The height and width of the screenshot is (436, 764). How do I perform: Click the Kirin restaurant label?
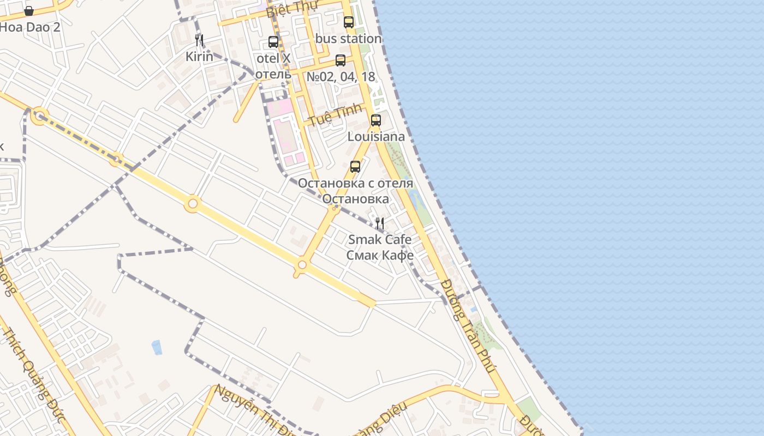click(199, 57)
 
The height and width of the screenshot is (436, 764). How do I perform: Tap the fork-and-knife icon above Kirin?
click(199, 40)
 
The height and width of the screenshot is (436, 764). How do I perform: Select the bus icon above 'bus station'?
click(349, 22)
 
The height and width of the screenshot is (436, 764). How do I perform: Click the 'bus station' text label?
click(348, 39)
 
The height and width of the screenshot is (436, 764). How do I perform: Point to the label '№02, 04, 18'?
click(341, 77)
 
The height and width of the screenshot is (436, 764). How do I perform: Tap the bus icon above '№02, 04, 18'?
click(341, 60)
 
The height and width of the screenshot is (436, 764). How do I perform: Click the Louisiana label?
click(376, 137)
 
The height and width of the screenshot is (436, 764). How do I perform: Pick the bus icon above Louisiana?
click(376, 120)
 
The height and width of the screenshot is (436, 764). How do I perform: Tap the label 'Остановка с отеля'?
click(355, 183)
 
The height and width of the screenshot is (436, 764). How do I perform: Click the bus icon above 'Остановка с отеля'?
click(355, 167)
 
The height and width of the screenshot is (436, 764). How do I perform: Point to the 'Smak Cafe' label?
click(380, 239)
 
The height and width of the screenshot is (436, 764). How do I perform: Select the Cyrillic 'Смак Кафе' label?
click(380, 255)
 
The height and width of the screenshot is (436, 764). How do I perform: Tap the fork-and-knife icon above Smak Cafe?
click(380, 223)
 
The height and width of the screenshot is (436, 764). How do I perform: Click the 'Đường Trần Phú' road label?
click(468, 326)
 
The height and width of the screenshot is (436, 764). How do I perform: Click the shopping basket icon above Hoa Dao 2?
click(29, 11)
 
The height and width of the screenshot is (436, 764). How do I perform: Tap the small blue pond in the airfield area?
click(157, 347)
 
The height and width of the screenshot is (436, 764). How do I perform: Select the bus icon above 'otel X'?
click(273, 42)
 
